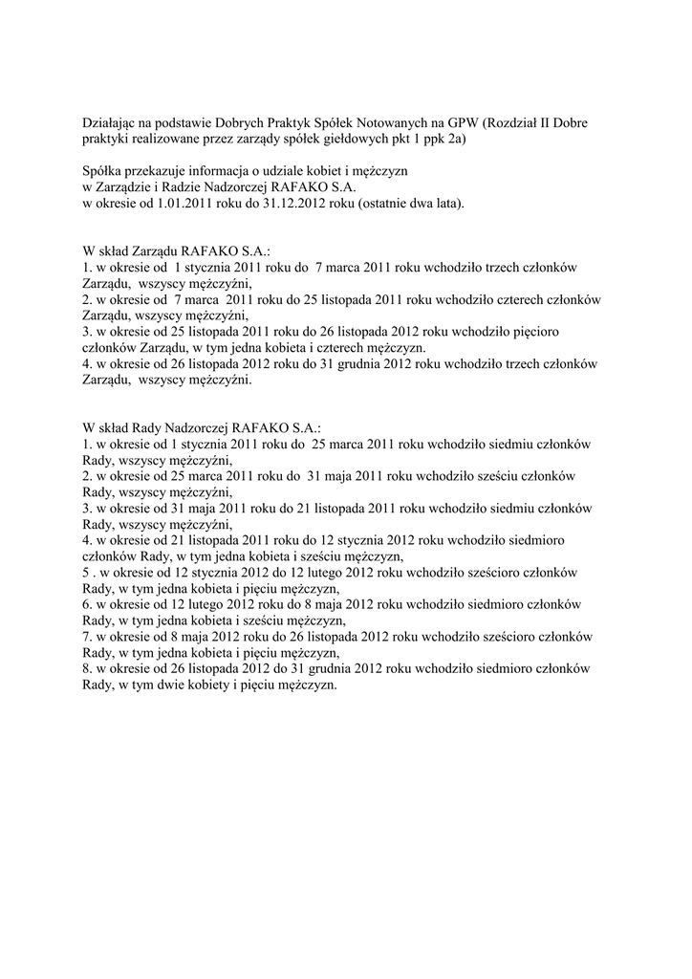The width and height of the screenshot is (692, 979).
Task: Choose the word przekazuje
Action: pyautogui.click(x=158, y=171)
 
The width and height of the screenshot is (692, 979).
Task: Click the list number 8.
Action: pyautogui.click(x=87, y=669)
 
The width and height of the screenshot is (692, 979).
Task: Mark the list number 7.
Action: pyautogui.click(x=87, y=637)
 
